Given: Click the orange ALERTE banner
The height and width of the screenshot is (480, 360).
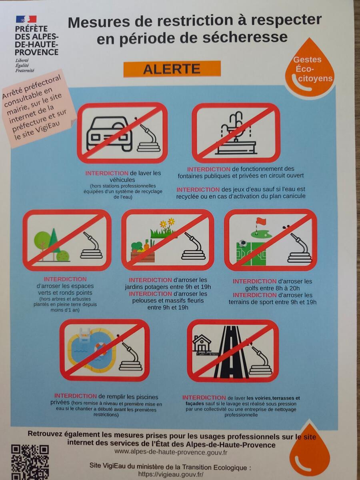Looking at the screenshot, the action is point(172,69).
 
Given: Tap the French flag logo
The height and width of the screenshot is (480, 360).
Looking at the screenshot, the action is point(26,19).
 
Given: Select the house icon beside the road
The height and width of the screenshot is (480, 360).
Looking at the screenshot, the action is point(202,343).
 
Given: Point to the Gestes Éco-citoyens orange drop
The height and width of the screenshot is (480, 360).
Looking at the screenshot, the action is point(310,69).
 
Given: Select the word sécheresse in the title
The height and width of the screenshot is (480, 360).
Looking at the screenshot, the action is point(245,38).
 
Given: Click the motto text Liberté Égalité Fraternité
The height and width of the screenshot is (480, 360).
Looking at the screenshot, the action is point(24,65).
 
